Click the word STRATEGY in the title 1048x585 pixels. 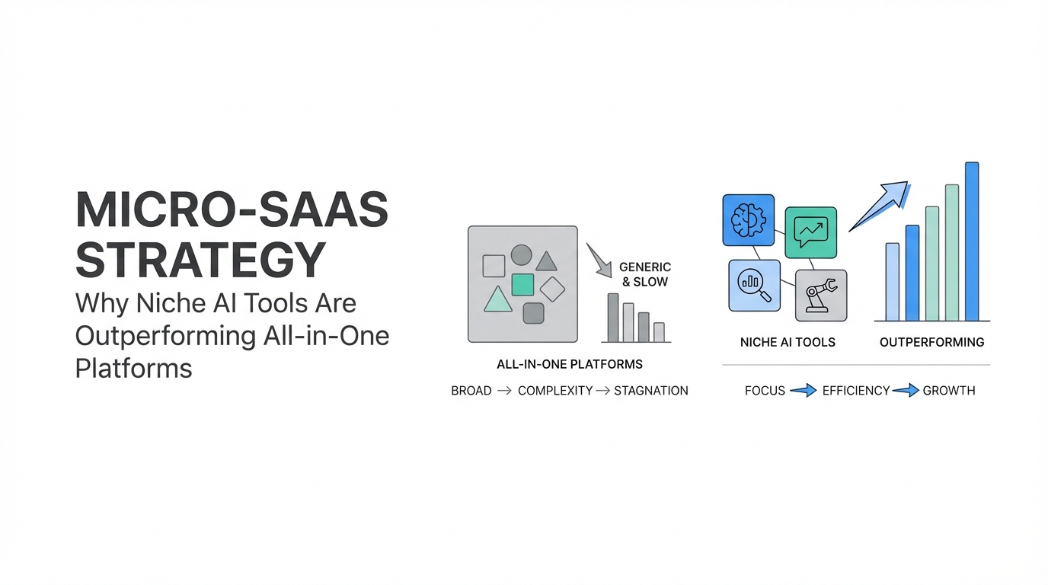pos(201,260)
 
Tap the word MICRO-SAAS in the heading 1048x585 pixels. pos(232,211)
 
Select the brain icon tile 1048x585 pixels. pos(748,220)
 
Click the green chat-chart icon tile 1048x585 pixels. pos(810,232)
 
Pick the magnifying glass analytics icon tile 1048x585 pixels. pos(754,286)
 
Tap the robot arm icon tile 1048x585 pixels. pos(820,296)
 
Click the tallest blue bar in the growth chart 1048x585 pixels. pos(971,241)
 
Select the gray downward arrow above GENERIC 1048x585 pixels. pos(600,260)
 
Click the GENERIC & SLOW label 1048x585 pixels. pos(644,274)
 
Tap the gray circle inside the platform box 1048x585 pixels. pos(521,254)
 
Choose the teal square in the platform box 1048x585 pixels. pos(522,284)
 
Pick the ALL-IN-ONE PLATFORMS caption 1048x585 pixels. pos(569,364)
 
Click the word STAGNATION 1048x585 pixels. pos(650,391)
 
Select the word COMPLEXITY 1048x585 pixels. pos(554,391)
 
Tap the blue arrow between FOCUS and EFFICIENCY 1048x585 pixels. pos(803,391)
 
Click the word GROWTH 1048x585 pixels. pos(948,391)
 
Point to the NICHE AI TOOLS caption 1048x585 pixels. pos(788,342)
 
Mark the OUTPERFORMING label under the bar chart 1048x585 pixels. pos(931,342)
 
